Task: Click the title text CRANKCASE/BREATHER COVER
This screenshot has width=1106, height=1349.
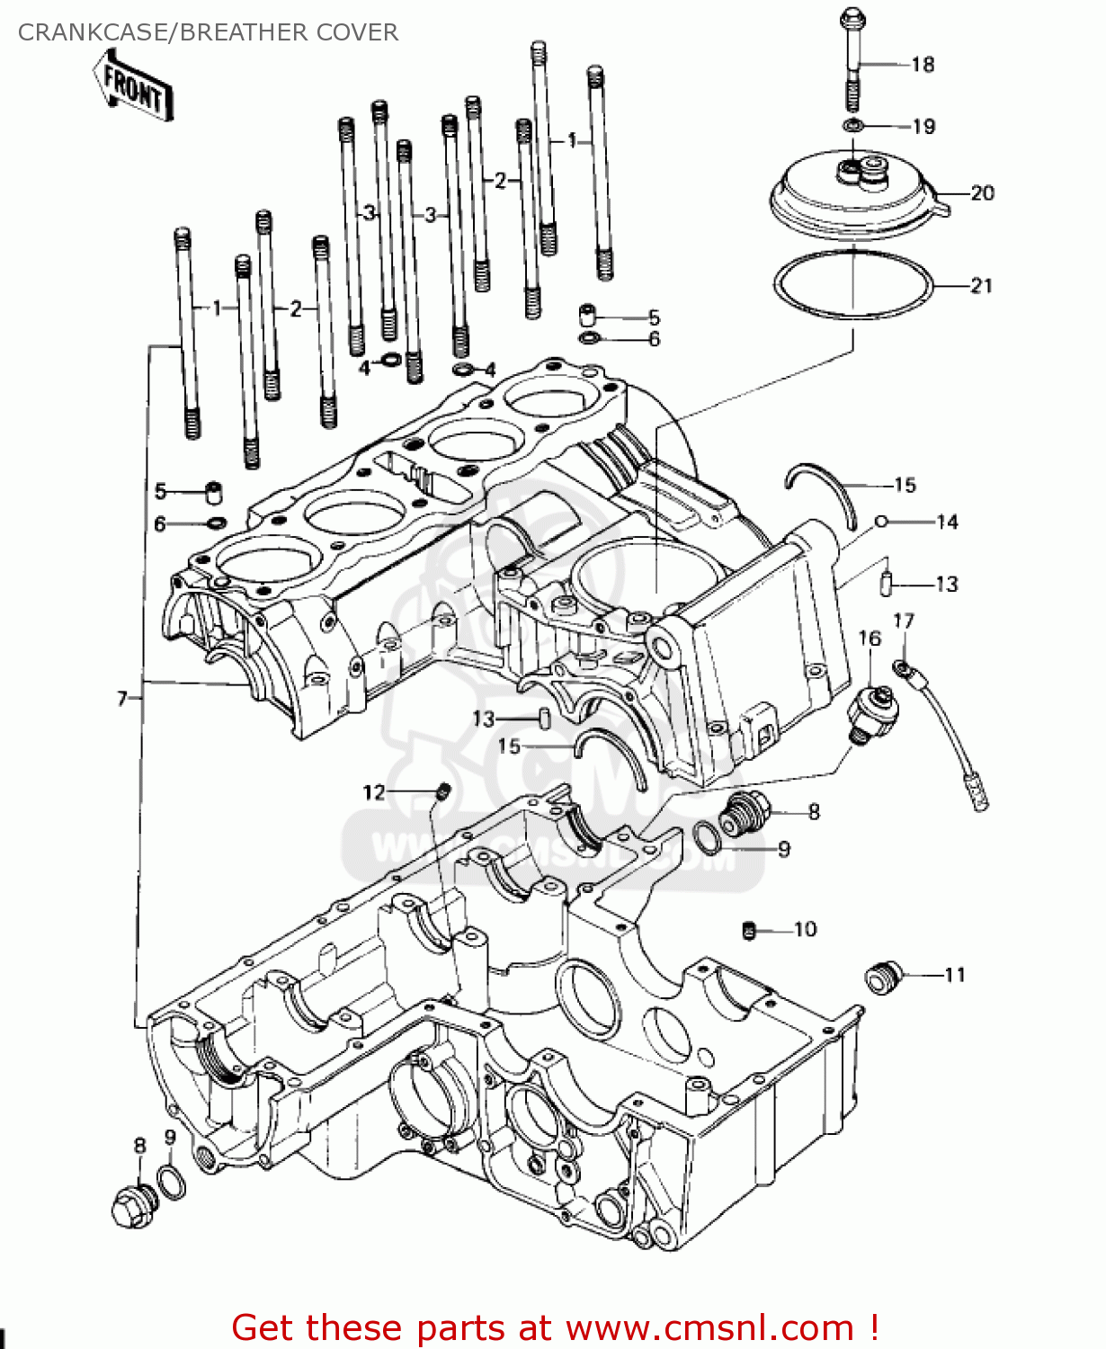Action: tap(208, 32)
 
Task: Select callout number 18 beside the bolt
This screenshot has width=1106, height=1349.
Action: tap(923, 64)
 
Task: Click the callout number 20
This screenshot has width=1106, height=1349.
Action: tap(982, 192)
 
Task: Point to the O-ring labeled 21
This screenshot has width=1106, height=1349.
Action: tap(852, 286)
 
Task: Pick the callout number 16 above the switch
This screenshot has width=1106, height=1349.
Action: tap(870, 639)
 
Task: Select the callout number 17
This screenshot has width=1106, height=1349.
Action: tap(903, 621)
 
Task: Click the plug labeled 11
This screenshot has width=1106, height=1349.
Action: tap(882, 978)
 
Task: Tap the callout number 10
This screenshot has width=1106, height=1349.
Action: tap(805, 929)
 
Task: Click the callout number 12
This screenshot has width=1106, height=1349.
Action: tap(373, 792)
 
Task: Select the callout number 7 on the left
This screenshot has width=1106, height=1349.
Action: tap(122, 698)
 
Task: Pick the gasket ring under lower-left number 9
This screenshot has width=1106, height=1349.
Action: tap(172, 1182)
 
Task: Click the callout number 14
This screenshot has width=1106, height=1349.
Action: tap(947, 522)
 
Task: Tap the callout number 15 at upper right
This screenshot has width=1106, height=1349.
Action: tap(905, 485)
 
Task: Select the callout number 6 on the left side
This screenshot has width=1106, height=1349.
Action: tap(160, 523)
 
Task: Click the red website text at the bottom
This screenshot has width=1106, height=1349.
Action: tap(555, 1327)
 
